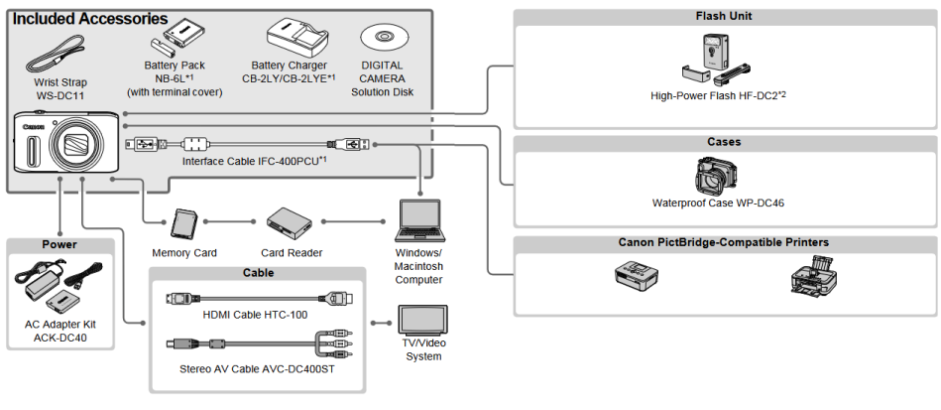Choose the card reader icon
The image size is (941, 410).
click(x=292, y=223)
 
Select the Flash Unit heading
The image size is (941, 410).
click(x=724, y=16)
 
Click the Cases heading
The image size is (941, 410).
click(x=724, y=142)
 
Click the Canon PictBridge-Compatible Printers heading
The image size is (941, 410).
click(x=724, y=242)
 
